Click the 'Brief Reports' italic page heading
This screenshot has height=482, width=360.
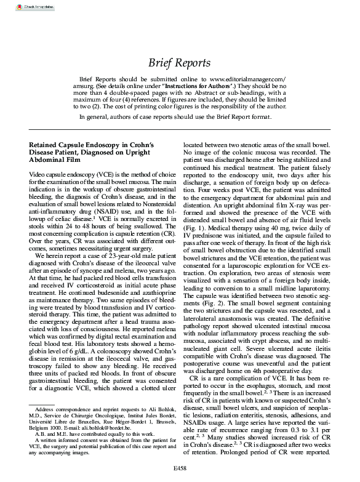coord(180,63)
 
